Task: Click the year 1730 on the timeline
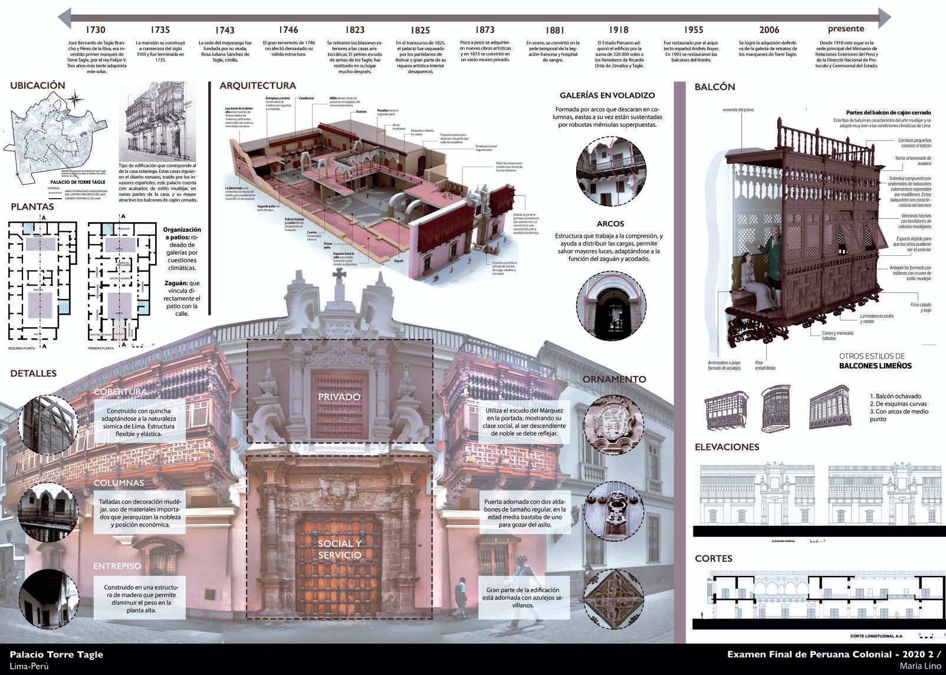pyautogui.click(x=95, y=29)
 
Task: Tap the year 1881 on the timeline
pyautogui.click(x=554, y=30)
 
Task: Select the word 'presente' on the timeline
pyautogui.click(x=846, y=28)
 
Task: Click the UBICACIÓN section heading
pyautogui.click(x=37, y=85)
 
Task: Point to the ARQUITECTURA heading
pyautogui.click(x=257, y=85)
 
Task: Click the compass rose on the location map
pyautogui.click(x=75, y=100)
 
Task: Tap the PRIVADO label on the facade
pyautogui.click(x=339, y=397)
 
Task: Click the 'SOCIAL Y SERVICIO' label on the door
pyautogui.click(x=340, y=549)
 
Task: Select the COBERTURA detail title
pyautogui.click(x=120, y=392)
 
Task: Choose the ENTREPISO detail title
pyautogui.click(x=117, y=566)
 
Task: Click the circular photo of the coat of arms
pyautogui.click(x=614, y=423)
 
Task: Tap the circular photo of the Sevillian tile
pyautogui.click(x=614, y=599)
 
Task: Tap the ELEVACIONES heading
pyautogui.click(x=727, y=447)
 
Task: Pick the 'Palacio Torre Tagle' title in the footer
pyautogui.click(x=57, y=654)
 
